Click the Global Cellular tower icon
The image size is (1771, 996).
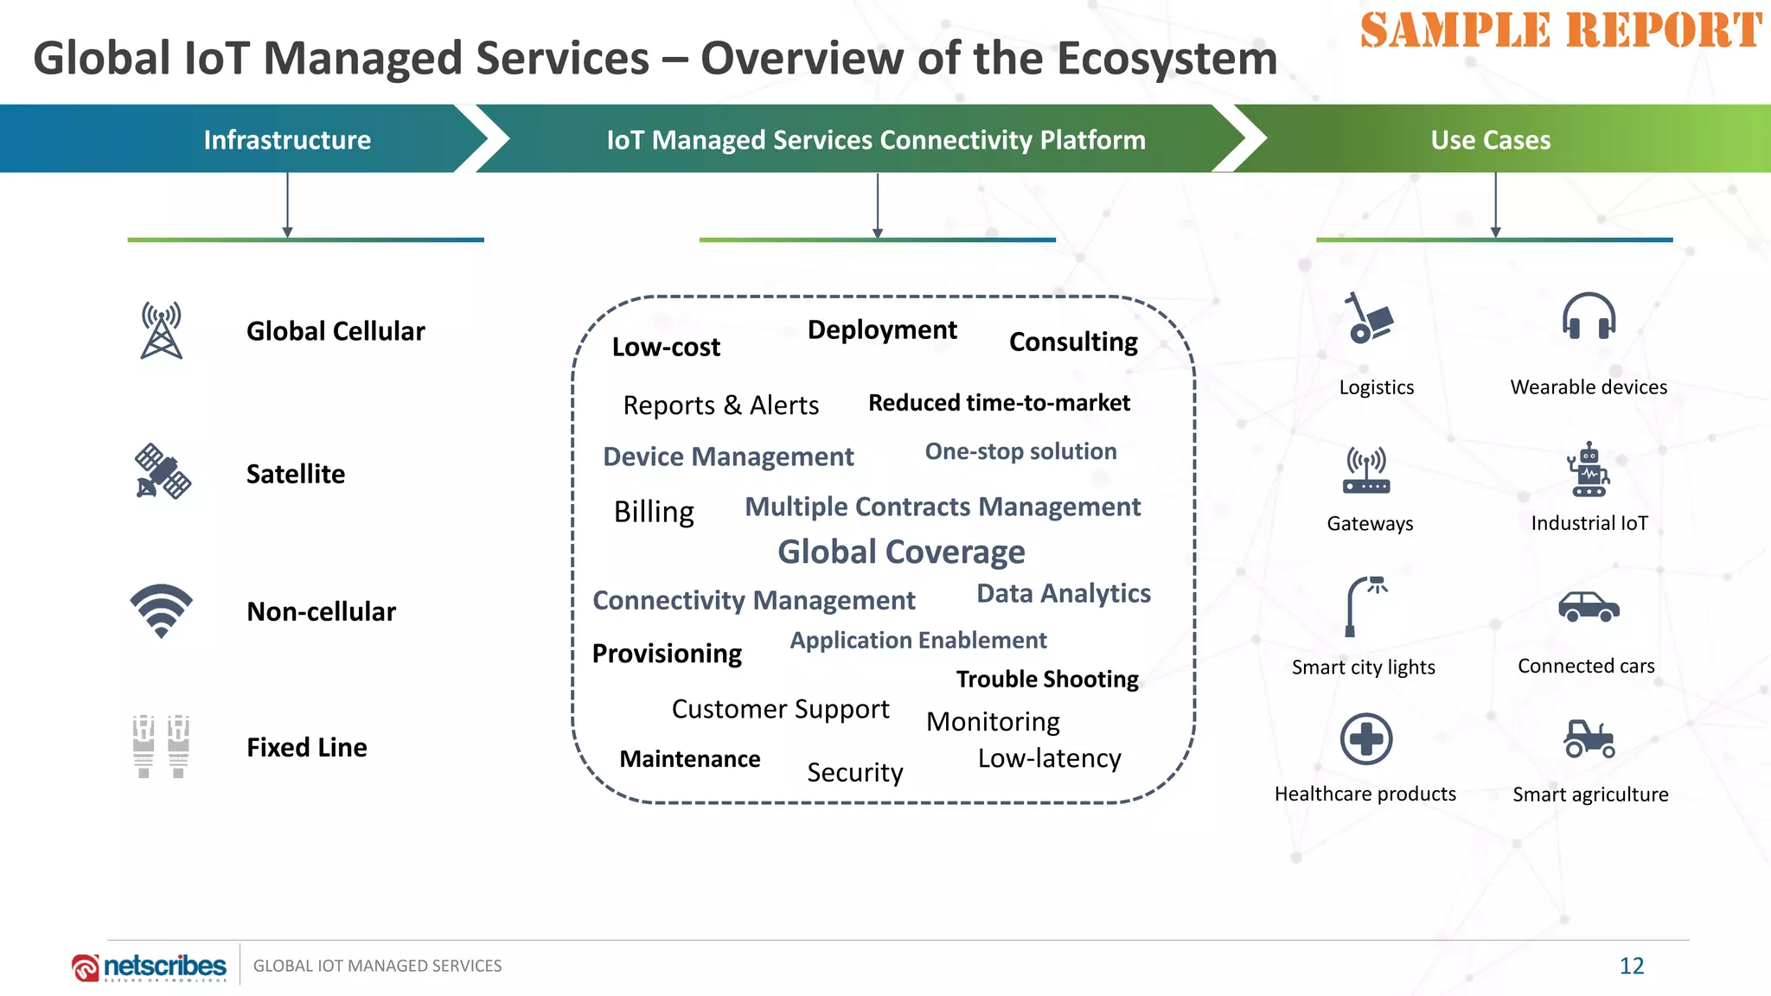pyautogui.click(x=162, y=330)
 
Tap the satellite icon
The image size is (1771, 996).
pyautogui.click(x=162, y=472)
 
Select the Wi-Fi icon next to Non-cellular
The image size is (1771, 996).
pyautogui.click(x=162, y=610)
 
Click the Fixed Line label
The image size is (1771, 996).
pyautogui.click(x=306, y=747)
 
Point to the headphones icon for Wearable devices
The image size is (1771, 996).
pyautogui.click(x=1589, y=316)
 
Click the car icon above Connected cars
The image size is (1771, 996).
pyautogui.click(x=1589, y=607)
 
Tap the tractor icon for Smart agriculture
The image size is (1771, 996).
pyautogui.click(x=1589, y=739)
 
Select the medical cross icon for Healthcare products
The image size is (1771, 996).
pyautogui.click(x=1365, y=739)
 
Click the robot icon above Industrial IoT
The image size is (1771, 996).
pyautogui.click(x=1589, y=470)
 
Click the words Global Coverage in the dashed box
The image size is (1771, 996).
pyautogui.click(x=901, y=552)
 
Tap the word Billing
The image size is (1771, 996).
pyautogui.click(x=654, y=512)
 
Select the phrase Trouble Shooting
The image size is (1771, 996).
pyautogui.click(x=1047, y=680)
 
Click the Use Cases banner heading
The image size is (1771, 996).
pyautogui.click(x=1490, y=140)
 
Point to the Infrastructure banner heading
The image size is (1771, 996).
pyautogui.click(x=287, y=140)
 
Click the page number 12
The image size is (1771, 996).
pyautogui.click(x=1631, y=966)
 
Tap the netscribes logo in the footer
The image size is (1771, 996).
pyautogui.click(x=150, y=967)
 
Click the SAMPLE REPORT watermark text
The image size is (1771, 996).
pyautogui.click(x=1560, y=31)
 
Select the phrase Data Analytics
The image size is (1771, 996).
pyautogui.click(x=1063, y=594)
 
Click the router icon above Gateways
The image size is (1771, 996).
pyautogui.click(x=1366, y=471)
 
